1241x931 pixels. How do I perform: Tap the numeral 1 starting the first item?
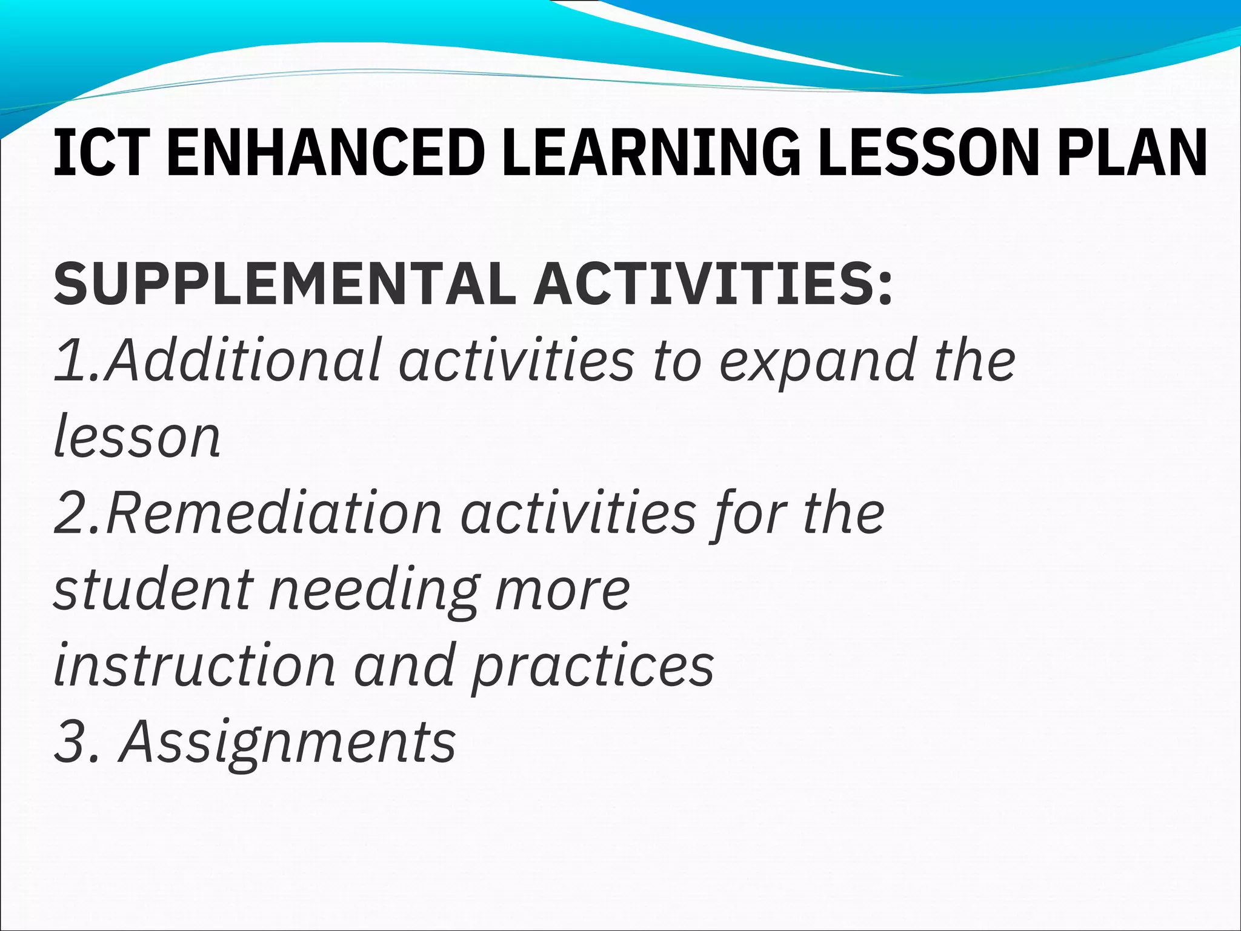pos(68,361)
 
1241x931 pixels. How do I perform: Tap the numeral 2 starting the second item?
pos(70,514)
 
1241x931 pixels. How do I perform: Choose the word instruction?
pos(195,666)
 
